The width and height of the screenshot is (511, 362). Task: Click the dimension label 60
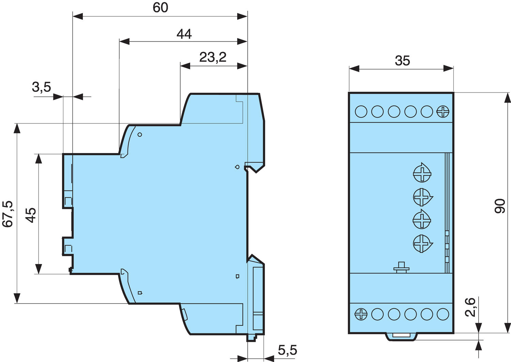(160, 7)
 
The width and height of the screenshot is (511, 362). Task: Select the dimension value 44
(184, 34)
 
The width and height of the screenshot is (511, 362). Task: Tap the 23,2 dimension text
(213, 57)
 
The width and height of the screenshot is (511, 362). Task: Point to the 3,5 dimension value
(41, 87)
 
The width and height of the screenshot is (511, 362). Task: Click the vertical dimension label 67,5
(8, 214)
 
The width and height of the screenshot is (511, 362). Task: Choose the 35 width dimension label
(402, 61)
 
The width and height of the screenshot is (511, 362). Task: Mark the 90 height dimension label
(500, 206)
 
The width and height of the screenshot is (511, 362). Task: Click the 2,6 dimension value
(470, 307)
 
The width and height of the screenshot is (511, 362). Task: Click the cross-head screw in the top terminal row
(443, 112)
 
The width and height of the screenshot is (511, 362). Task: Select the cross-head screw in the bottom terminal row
(361, 314)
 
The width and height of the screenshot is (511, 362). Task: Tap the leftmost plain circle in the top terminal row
(361, 112)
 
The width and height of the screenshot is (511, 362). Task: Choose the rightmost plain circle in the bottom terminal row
(443, 314)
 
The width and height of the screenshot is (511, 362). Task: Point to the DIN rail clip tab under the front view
(401, 336)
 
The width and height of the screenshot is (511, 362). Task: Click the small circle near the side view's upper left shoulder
(139, 135)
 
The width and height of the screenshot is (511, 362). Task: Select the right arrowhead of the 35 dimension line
(449, 69)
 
